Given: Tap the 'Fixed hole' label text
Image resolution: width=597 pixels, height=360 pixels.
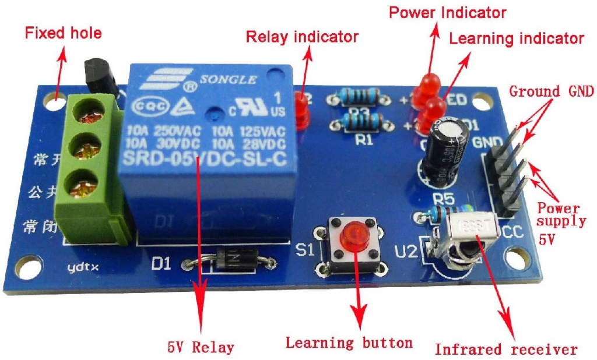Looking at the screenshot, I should point(63,33).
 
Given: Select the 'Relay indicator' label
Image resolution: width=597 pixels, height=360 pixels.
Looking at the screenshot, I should point(301,37).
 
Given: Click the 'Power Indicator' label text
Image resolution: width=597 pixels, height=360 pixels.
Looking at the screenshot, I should point(447,12).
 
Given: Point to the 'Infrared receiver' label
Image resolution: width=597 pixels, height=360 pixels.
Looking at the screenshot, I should point(505,350).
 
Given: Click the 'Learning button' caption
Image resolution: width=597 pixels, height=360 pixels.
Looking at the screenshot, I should point(349,342).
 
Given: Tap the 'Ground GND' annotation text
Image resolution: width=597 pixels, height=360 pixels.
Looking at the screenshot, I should point(551,91).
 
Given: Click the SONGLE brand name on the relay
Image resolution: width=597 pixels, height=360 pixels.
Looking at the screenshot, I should point(228,80).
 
